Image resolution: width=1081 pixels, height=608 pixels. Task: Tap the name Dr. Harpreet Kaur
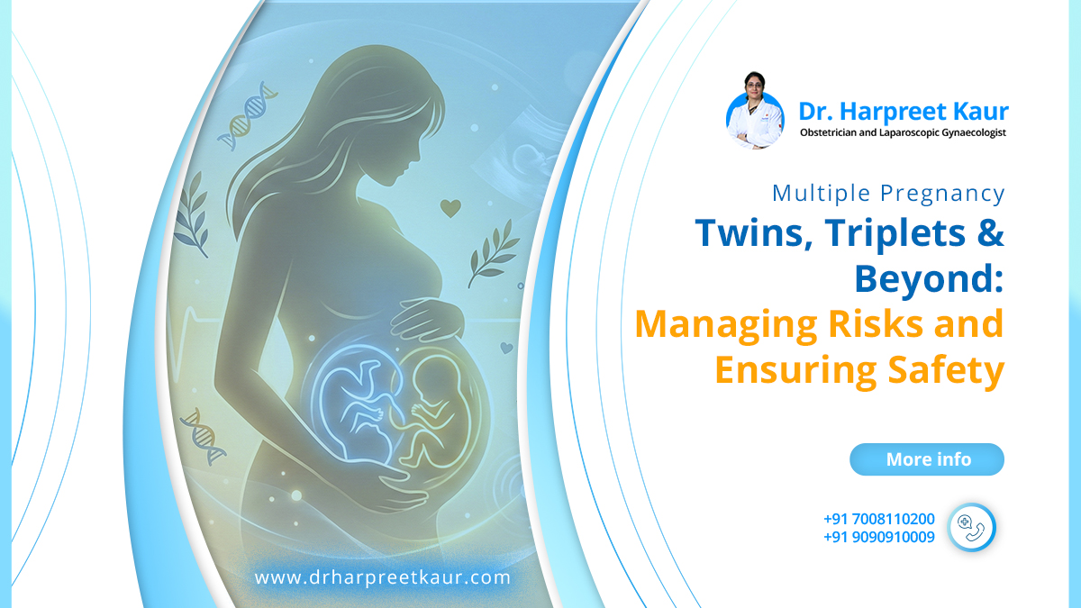[x=904, y=112]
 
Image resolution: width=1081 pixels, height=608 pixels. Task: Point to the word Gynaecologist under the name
[x=967, y=133]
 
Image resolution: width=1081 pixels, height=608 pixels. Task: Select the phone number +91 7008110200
[x=878, y=519]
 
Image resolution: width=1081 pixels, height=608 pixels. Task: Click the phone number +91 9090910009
[x=878, y=537]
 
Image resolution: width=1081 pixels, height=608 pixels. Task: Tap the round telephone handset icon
[x=971, y=527]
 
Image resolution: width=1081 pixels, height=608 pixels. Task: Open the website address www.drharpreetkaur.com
[x=382, y=577]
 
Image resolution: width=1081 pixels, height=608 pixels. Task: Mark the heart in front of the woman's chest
[x=450, y=208]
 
